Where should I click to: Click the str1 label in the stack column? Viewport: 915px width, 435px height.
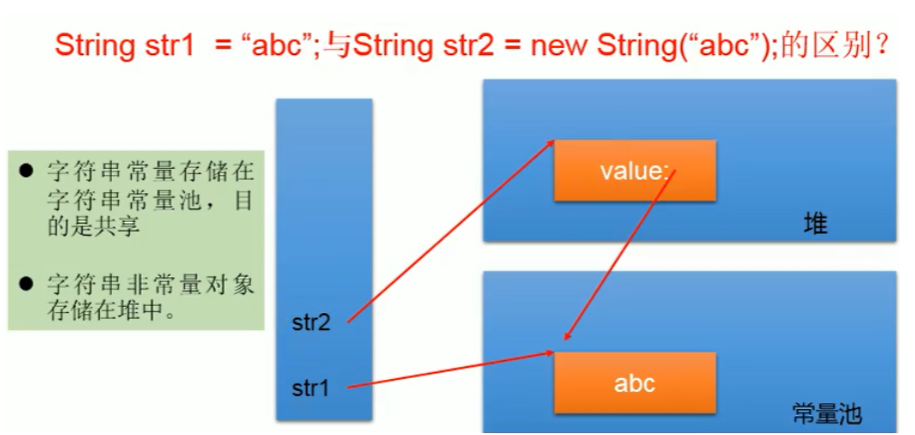(x=310, y=388)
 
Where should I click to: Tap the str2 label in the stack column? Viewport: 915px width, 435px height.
(x=311, y=322)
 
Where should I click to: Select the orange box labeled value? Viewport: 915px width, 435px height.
(x=634, y=171)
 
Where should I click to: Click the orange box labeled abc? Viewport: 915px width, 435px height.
(x=634, y=383)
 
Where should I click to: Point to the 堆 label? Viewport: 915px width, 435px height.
(x=815, y=225)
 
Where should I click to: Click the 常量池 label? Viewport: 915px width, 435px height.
(x=826, y=414)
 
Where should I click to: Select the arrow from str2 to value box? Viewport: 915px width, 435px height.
(x=449, y=232)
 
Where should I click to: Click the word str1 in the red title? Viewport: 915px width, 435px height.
(x=163, y=45)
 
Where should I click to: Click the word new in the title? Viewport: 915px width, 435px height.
(x=560, y=45)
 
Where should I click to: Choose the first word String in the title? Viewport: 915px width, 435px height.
(x=91, y=45)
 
